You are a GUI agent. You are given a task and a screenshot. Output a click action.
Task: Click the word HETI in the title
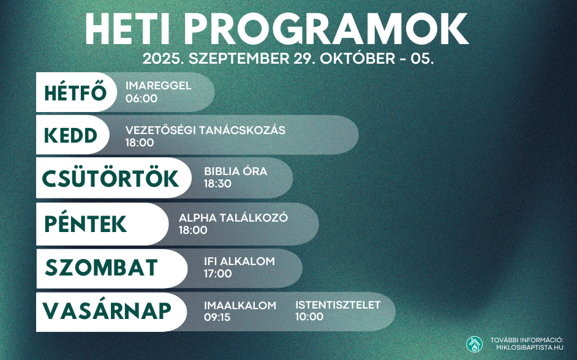coord(127,29)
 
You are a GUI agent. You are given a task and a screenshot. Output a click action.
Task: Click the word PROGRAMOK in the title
coord(326,29)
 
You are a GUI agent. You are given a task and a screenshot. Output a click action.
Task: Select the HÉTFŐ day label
coord(75,92)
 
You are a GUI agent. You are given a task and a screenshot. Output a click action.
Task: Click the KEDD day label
coord(70,135)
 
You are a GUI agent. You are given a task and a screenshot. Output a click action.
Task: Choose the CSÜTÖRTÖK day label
coord(110,178)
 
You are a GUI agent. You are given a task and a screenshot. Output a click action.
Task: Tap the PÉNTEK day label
coord(85,223)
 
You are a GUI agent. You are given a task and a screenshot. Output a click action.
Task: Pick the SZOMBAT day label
coord(101,268)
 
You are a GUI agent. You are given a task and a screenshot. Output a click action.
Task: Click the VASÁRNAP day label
coord(107,311)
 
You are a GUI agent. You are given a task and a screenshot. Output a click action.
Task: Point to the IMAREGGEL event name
coord(158,86)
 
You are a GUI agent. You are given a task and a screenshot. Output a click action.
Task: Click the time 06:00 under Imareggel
coord(141,99)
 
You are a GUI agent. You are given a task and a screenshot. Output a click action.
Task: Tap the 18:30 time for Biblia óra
coord(218,184)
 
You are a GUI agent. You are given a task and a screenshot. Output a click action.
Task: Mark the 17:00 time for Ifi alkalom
coord(218,274)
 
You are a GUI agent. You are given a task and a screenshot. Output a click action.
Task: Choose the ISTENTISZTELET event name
coord(338,305)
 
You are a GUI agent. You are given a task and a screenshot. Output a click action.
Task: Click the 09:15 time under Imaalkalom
coord(217,317)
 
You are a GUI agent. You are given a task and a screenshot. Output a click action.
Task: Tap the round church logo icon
coord(474,344)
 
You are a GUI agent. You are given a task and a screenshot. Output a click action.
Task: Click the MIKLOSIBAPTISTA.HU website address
coord(530,347)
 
